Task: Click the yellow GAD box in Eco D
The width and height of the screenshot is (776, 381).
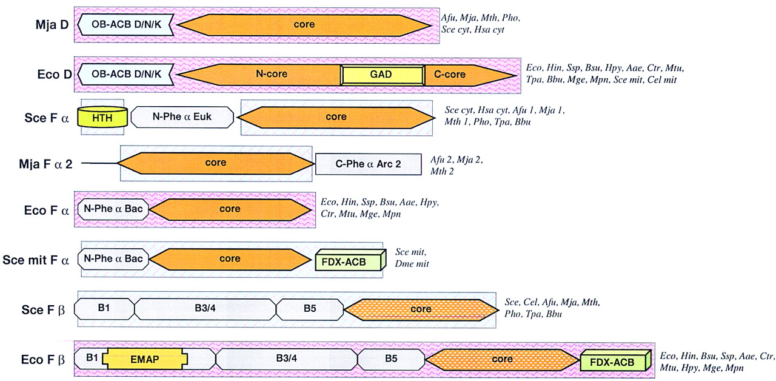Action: [382, 75]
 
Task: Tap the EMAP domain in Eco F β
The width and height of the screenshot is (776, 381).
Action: [145, 359]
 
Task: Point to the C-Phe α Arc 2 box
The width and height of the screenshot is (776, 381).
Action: [368, 164]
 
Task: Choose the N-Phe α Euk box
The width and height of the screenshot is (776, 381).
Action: [182, 116]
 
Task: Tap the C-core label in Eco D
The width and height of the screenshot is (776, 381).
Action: [450, 74]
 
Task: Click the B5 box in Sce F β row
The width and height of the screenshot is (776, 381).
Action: [310, 309]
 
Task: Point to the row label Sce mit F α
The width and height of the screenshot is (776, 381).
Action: [36, 260]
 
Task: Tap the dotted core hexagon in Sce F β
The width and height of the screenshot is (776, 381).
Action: [421, 309]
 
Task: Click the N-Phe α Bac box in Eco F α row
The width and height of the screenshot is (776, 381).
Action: [113, 209]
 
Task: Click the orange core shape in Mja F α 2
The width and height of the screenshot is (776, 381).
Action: [216, 163]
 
